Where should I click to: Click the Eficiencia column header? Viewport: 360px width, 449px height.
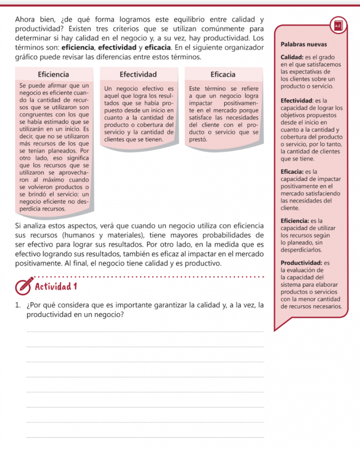[53, 74]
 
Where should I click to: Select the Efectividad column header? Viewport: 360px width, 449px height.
[138, 74]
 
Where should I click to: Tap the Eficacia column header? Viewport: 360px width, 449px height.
[223, 74]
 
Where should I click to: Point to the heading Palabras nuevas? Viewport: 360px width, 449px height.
[303, 45]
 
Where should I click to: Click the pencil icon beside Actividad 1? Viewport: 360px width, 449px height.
[25, 285]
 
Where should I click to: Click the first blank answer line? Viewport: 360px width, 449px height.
[146, 332]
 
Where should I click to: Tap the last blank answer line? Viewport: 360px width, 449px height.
[146, 437]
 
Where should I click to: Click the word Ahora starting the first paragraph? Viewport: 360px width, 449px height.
[25, 20]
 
